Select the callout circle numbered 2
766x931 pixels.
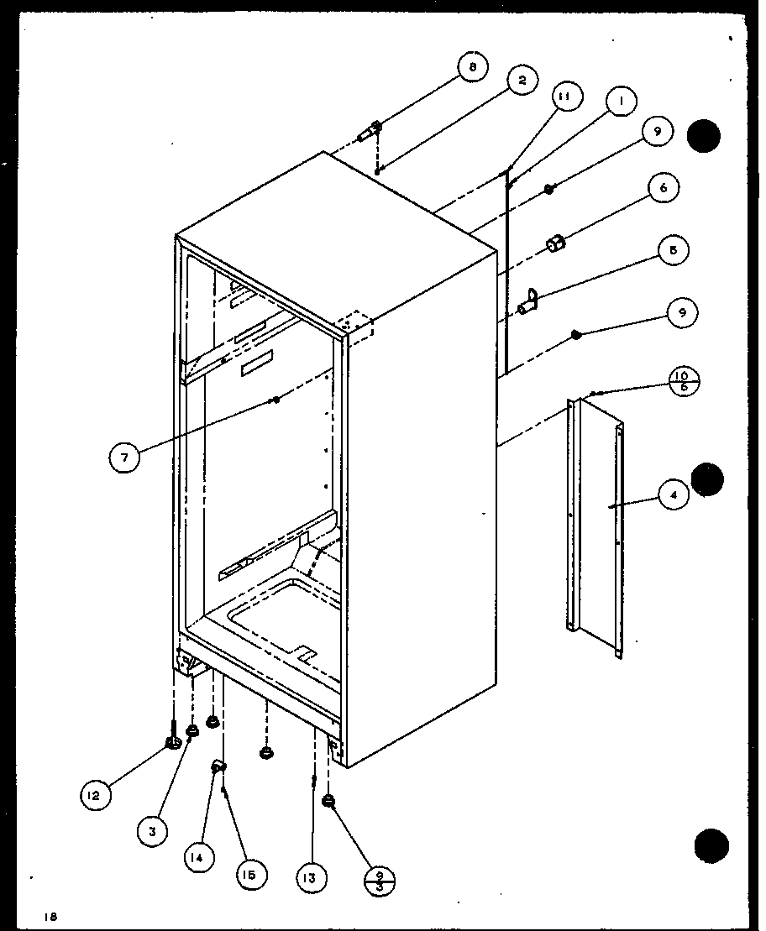pyautogui.click(x=522, y=81)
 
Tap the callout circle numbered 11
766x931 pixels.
pyautogui.click(x=564, y=97)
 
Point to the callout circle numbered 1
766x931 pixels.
pyautogui.click(x=621, y=102)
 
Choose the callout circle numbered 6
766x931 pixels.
pyautogui.click(x=663, y=189)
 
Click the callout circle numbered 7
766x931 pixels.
pyautogui.click(x=124, y=457)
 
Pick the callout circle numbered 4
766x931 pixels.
pyautogui.click(x=673, y=495)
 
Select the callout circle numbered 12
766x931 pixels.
pyautogui.click(x=96, y=795)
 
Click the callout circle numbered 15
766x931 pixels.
pyautogui.click(x=251, y=873)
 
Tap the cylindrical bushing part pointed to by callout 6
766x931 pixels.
pyautogui.click(x=555, y=244)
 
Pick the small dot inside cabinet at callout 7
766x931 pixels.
pyautogui.click(x=275, y=401)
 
